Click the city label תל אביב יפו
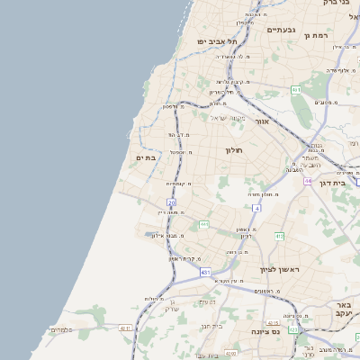[220, 41]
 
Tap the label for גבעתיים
[282, 30]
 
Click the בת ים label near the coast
[145, 158]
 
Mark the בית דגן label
[333, 183]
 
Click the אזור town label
[262, 121]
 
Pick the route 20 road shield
[171, 203]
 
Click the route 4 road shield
[256, 209]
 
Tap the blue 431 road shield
[206, 271]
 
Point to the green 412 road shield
[280, 237]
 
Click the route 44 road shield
[308, 181]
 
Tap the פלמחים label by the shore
[60, 329]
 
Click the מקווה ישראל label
[227, 117]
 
